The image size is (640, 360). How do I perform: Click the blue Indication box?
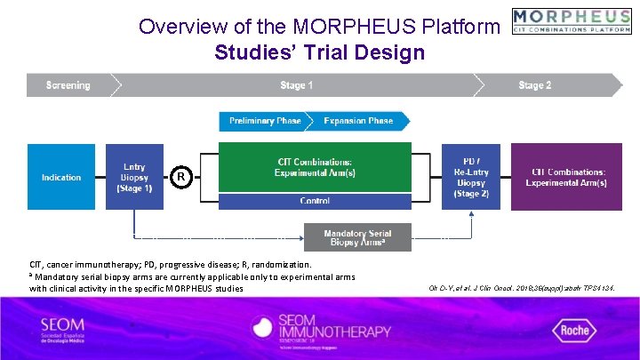[x=61, y=177]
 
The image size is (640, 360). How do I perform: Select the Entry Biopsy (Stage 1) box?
[x=134, y=177]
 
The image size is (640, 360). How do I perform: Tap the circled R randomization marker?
[x=180, y=177]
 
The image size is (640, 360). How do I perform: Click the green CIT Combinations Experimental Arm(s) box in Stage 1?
[x=315, y=167]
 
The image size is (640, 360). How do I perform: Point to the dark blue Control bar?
[x=315, y=201]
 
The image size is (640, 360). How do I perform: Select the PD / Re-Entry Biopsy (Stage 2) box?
[x=471, y=177]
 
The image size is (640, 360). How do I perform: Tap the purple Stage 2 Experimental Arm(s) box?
[x=569, y=177]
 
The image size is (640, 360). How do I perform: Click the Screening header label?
[x=68, y=85]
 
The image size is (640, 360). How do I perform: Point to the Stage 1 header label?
[x=297, y=85]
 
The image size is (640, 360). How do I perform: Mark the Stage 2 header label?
[x=535, y=85]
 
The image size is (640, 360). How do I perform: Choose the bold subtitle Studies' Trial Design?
[x=319, y=52]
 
